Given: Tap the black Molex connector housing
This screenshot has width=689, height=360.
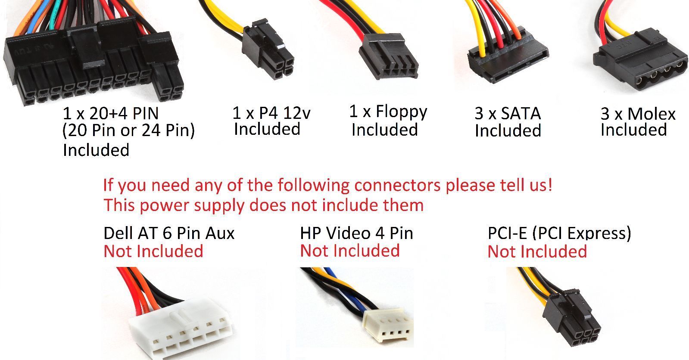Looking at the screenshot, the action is tap(641, 60).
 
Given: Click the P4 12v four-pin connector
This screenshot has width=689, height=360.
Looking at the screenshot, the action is tap(268, 49).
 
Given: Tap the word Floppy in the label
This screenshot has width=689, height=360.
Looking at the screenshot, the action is tap(402, 112).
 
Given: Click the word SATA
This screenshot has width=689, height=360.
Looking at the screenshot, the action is tap(521, 113).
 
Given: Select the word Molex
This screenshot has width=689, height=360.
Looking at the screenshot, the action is tap(652, 114).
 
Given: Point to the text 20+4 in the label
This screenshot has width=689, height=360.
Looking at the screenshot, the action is tap(108, 113).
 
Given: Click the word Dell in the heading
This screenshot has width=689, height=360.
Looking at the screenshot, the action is tap(118, 233).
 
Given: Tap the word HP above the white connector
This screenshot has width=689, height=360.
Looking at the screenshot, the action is tap(310, 233).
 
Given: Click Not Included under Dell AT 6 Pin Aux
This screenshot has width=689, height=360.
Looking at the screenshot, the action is tap(153, 251).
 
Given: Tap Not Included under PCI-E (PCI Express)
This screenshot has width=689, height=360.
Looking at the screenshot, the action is tap(537, 251).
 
